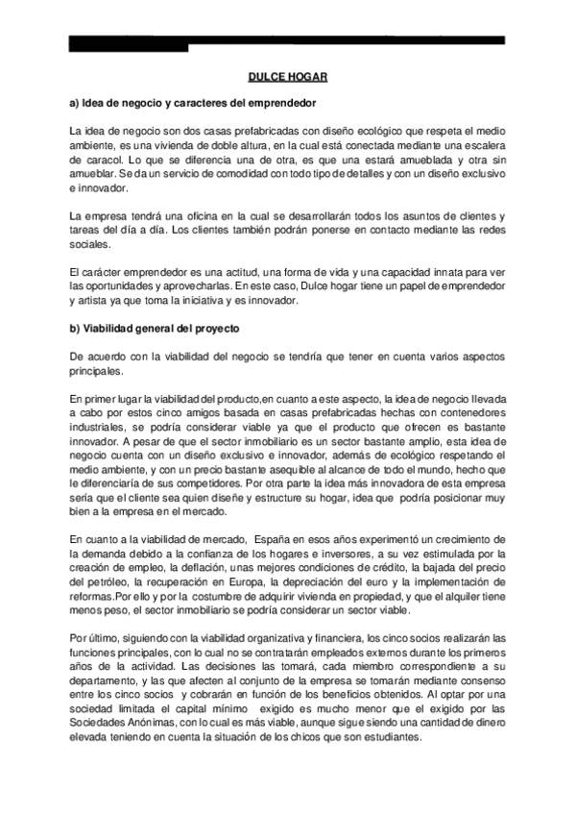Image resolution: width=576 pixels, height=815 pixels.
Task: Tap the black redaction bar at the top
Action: tap(288, 40)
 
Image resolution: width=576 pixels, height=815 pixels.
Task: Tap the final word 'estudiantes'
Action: tap(389, 738)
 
